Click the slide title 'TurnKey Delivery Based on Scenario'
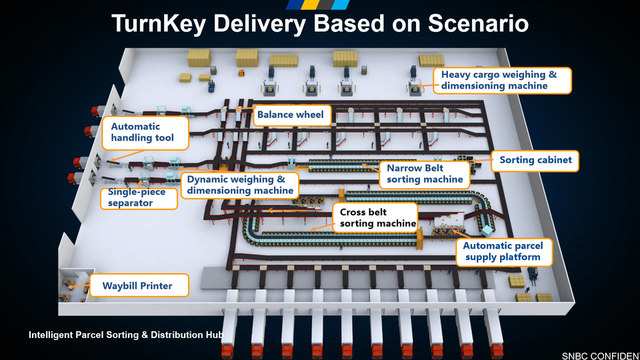[320, 23]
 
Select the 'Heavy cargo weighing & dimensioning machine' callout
[502, 81]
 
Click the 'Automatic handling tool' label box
[145, 133]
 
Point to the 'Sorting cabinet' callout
[535, 161]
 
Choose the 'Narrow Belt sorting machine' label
[425, 174]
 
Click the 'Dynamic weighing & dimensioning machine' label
[240, 185]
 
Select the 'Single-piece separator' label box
[139, 198]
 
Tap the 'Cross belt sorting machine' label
[375, 218]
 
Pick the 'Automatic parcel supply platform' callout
[504, 252]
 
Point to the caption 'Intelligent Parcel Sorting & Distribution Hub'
[126, 335]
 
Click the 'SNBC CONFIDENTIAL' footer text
[601, 356]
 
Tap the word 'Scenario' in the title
[479, 23]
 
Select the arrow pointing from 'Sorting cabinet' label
[481, 161]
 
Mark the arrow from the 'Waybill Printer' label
[79, 286]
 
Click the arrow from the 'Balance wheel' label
[245, 109]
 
